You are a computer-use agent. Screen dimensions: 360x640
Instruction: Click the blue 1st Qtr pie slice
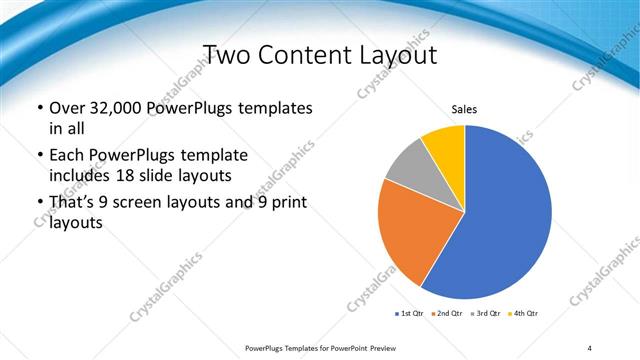coord(500,220)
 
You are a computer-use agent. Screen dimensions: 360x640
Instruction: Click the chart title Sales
coord(465,109)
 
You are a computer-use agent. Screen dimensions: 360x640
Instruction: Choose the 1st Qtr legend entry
coord(411,314)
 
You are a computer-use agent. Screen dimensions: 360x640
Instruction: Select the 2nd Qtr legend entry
coord(448,314)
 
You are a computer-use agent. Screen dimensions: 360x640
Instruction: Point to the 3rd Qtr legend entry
coord(487,314)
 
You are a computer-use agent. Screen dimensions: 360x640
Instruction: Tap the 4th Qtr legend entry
coord(524,314)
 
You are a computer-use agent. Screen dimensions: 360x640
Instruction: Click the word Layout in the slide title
coord(400,54)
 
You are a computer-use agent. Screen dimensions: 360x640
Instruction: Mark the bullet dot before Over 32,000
coord(39,108)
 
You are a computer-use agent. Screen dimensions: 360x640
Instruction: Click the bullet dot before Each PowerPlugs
coord(39,157)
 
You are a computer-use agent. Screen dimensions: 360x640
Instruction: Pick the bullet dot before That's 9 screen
coord(39,204)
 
